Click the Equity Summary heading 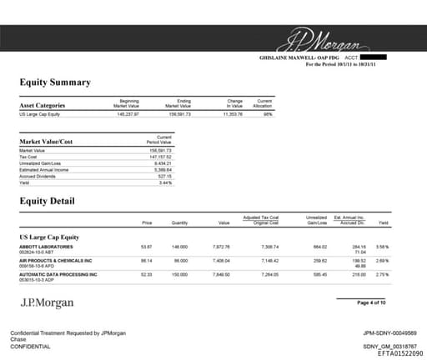point(55,82)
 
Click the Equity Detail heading point(48,201)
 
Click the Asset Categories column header point(42,106)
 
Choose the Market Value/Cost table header point(49,142)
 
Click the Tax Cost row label point(28,156)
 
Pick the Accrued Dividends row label point(38,176)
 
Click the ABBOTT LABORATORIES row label point(46,247)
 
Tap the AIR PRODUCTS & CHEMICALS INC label point(58,261)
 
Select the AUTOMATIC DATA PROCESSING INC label point(58,274)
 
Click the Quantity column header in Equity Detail point(179,223)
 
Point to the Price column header point(147,223)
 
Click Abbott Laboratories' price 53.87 point(147,247)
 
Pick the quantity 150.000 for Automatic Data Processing point(179,274)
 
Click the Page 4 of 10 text point(371,302)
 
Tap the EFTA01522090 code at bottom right point(388,353)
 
